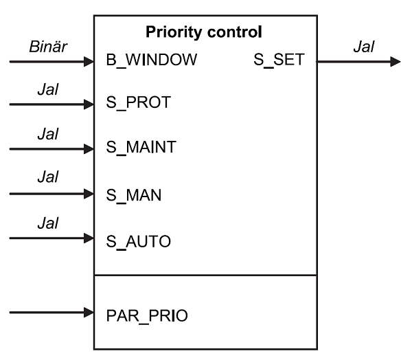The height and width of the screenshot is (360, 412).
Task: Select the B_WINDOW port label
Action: tap(152, 61)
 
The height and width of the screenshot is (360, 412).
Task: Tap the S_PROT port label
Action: tap(139, 104)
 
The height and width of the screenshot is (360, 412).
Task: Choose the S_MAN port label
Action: tap(135, 194)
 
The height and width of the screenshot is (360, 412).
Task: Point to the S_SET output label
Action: tap(278, 61)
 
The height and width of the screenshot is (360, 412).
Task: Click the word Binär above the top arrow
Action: tap(46, 47)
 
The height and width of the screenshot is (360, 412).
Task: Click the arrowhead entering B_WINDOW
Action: tap(88, 62)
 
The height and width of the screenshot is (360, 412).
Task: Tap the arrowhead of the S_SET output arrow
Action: tap(395, 62)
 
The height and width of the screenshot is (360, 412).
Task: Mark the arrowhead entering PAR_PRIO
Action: tap(88, 313)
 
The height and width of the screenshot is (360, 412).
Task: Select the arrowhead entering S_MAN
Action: tap(88, 194)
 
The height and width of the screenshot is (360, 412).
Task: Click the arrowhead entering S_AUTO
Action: tap(88, 239)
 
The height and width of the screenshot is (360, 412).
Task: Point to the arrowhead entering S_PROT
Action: tap(88, 105)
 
